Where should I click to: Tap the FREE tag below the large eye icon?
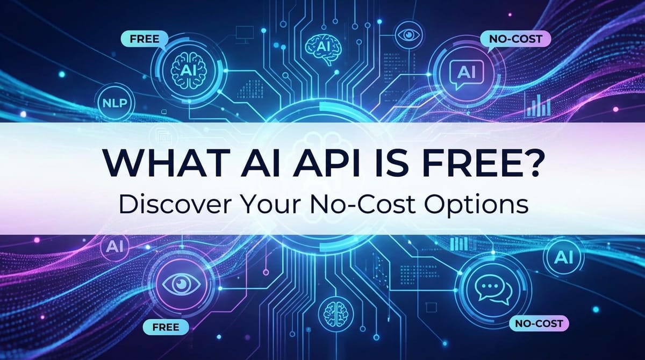[x=166, y=326]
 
